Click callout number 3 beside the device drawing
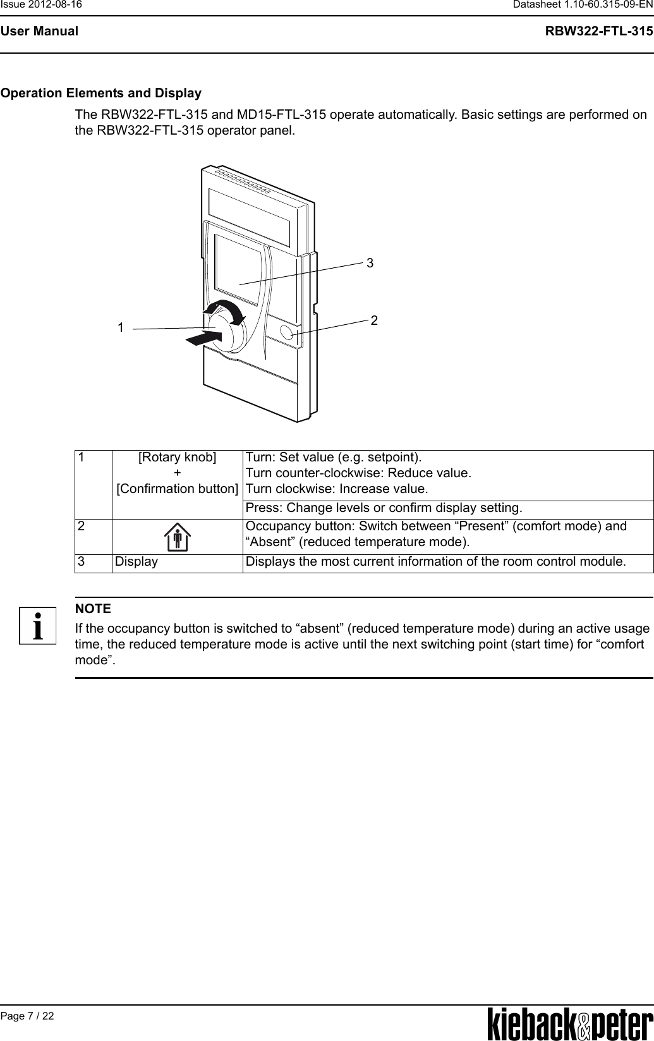coord(370,262)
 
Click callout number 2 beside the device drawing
coord(374,320)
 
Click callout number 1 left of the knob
coord(120,327)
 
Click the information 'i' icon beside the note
coord(37,626)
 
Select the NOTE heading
coord(93,609)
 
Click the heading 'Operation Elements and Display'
coord(101,94)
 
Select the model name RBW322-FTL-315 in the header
coord(599,31)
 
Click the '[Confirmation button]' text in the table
coord(178,489)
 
